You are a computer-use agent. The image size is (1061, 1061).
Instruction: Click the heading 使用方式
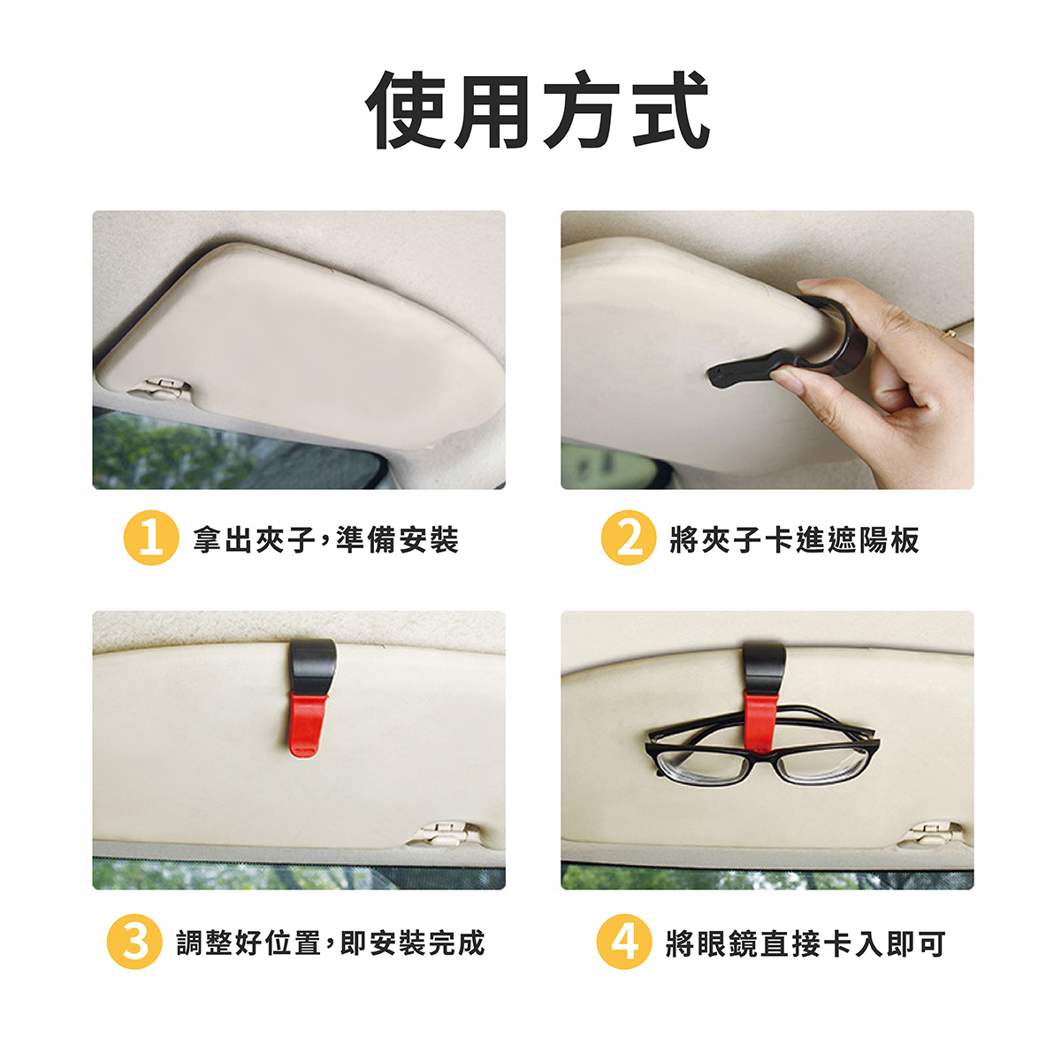tap(537, 110)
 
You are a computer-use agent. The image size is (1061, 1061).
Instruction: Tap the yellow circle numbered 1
tap(151, 538)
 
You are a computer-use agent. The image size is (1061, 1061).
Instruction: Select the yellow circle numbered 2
tap(629, 538)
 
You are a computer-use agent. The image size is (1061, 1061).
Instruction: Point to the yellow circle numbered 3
tap(134, 942)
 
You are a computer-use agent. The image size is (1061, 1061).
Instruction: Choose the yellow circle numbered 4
tap(624, 942)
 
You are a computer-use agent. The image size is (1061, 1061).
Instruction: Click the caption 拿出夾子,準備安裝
tap(325, 539)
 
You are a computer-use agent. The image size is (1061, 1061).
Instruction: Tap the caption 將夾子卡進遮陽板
tap(794, 539)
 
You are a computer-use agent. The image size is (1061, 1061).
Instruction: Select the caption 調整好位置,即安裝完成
tap(331, 943)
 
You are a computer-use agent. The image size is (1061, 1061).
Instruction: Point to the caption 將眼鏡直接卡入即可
tap(805, 943)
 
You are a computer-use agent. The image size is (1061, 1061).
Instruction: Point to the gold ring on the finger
tap(950, 333)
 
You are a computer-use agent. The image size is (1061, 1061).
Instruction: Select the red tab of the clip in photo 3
tap(308, 725)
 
